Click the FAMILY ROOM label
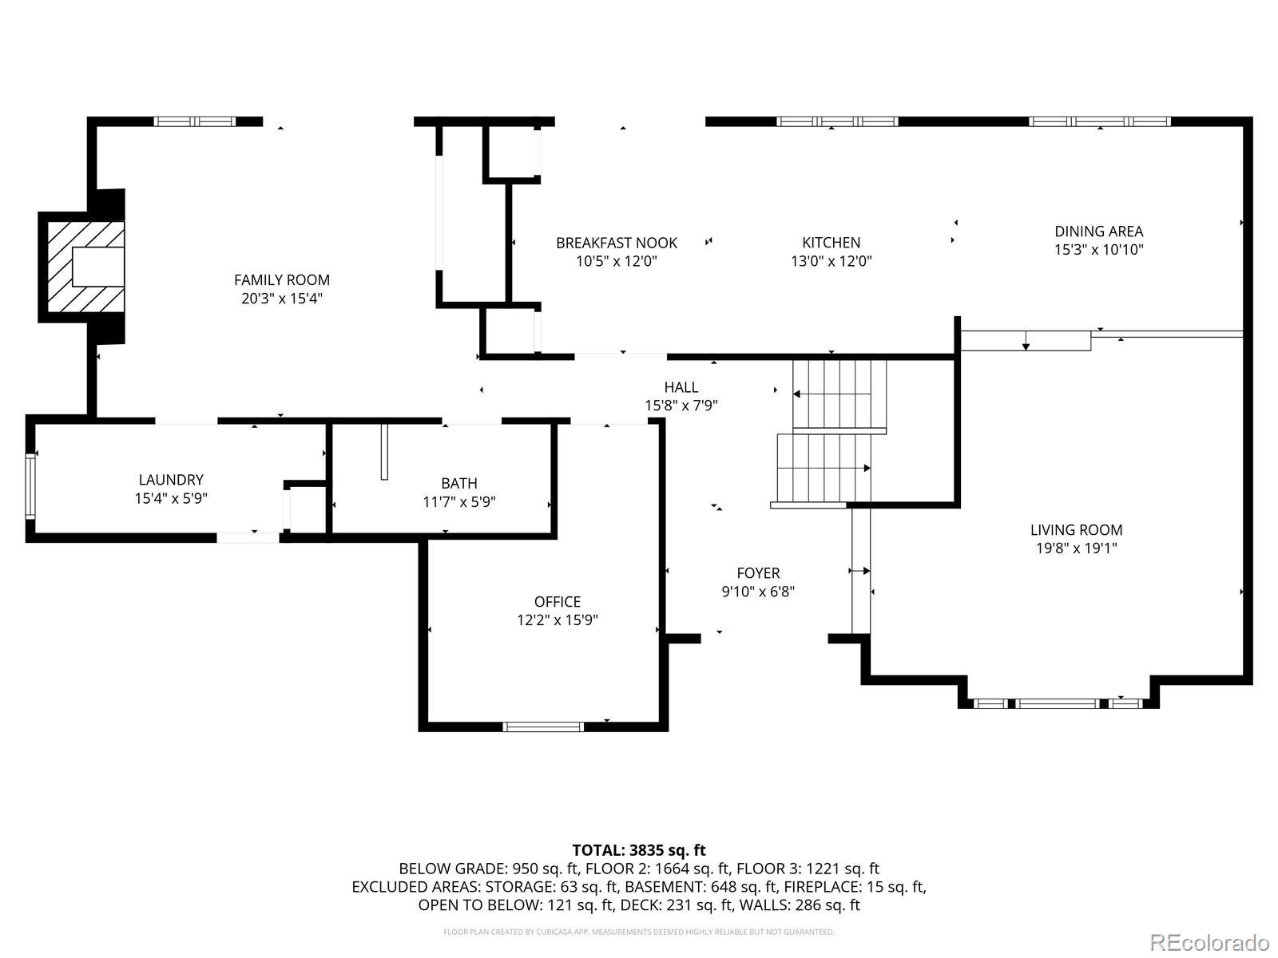point(282,279)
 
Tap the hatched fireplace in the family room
point(85,267)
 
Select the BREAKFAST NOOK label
point(617,243)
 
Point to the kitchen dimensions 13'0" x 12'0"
point(831,261)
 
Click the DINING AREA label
point(1098,231)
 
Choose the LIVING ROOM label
point(1076,530)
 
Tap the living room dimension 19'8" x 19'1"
point(1076,548)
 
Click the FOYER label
point(758,573)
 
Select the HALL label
point(681,387)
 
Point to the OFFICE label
point(558,601)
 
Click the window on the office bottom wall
point(542,726)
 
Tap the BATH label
point(458,483)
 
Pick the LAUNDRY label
point(171,480)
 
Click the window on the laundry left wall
point(30,486)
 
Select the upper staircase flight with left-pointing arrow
point(839,395)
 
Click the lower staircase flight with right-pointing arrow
point(824,469)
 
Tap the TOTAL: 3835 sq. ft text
point(639,850)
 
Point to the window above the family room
point(194,121)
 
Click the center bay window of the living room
point(1058,703)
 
